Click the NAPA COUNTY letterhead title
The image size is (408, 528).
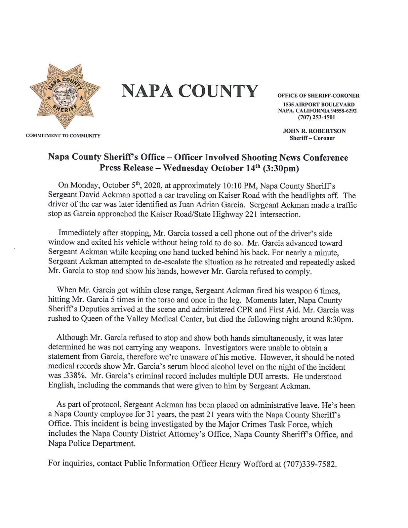click(x=190, y=91)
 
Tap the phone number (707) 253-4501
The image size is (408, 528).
click(x=318, y=117)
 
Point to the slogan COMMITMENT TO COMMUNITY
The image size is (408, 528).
click(x=63, y=136)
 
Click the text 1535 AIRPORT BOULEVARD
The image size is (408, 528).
click(x=319, y=104)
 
